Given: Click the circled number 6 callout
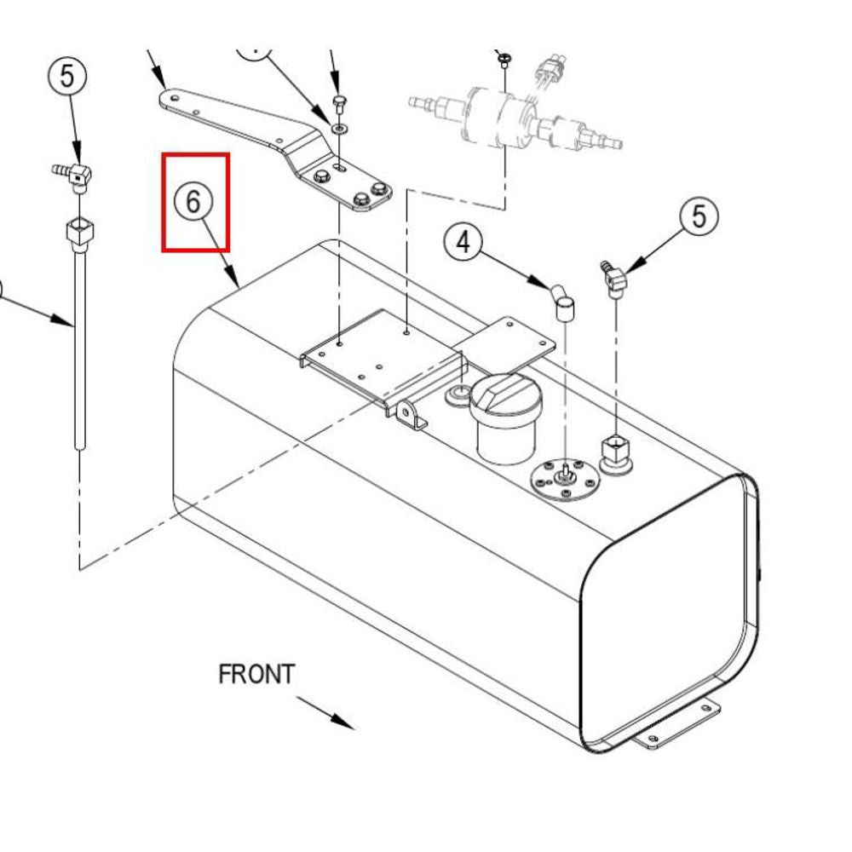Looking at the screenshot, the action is coord(193,201).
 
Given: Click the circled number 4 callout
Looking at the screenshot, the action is coord(463,242).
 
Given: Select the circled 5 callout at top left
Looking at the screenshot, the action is coord(66,76).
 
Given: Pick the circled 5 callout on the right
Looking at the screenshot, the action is coord(699,216).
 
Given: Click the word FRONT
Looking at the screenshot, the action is coord(256,674).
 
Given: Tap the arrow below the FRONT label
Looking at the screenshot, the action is coord(325,712).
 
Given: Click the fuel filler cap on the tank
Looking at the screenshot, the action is coord(506,417).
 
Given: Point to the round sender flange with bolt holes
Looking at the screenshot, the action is coord(565,481).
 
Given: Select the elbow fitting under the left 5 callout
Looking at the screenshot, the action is coord(72,176).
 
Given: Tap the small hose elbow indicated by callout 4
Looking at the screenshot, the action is coord(561,304).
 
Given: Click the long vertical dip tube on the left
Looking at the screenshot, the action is coord(80,347).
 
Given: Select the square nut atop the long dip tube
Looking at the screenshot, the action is coord(80,230).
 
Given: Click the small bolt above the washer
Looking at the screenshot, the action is coord(340,104).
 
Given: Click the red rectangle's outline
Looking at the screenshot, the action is coord(163,202).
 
